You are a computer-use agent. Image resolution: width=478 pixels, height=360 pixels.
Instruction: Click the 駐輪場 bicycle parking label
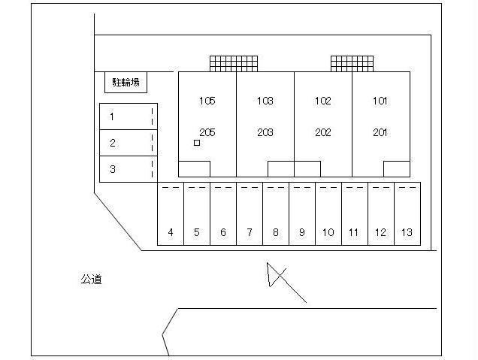(126, 83)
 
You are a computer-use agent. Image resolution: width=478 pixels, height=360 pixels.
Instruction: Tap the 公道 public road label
(91, 280)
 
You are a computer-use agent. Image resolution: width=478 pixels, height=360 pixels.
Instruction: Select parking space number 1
(129, 116)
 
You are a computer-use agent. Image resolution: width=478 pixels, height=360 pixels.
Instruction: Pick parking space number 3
(129, 169)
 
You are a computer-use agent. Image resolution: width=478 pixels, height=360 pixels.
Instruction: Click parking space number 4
(171, 213)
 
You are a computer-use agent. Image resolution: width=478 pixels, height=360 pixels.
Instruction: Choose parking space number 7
(250, 213)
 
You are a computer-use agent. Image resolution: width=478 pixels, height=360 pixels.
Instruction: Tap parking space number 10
(328, 213)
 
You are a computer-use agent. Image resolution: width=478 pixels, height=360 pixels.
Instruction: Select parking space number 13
(407, 213)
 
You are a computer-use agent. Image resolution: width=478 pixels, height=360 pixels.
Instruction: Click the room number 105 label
(207, 101)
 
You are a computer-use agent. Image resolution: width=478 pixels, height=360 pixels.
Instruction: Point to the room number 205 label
(207, 132)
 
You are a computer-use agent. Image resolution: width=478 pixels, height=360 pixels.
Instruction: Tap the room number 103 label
(265, 101)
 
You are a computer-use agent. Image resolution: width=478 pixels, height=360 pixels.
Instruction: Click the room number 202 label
(323, 132)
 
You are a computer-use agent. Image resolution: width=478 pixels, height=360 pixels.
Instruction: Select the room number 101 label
(380, 101)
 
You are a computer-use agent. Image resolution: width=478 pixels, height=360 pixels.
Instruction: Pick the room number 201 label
(380, 132)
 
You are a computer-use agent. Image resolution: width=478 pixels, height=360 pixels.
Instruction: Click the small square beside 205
(197, 143)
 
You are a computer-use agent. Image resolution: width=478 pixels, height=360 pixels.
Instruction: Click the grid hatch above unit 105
(234, 64)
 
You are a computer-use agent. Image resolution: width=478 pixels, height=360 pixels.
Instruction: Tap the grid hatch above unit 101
(352, 64)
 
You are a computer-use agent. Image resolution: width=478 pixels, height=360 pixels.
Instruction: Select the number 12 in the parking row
(380, 232)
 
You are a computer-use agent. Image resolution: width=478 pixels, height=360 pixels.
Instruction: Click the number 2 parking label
(113, 143)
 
